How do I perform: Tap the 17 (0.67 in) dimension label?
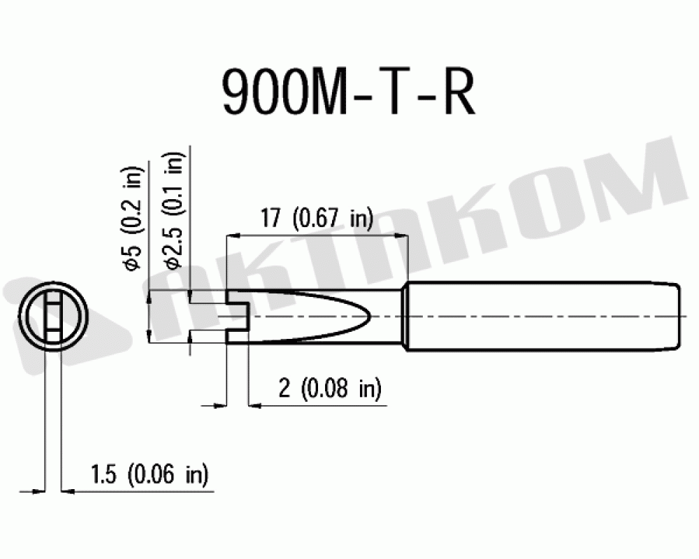[317, 219]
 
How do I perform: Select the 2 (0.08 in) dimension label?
[330, 388]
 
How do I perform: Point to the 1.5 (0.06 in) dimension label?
[150, 474]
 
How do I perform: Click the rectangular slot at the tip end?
[238, 317]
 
